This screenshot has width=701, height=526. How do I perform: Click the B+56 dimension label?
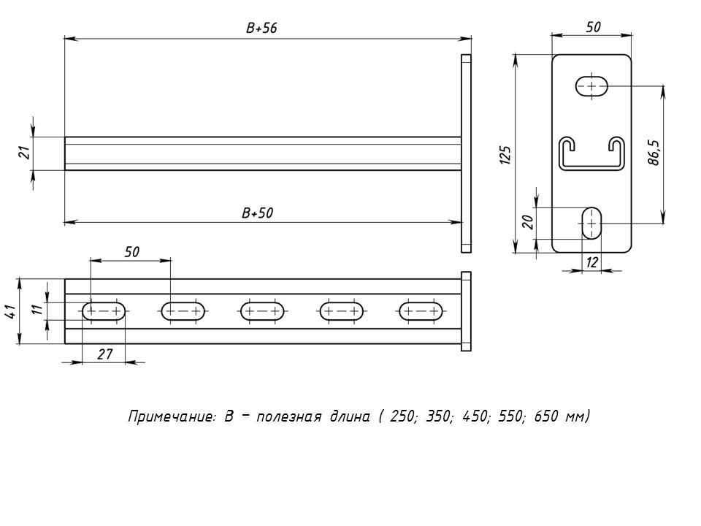point(262,28)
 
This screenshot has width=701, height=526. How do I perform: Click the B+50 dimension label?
point(258,213)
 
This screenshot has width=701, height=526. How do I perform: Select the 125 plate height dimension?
point(505,156)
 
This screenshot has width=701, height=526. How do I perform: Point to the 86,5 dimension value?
point(654,153)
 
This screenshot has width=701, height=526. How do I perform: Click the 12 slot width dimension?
point(591,262)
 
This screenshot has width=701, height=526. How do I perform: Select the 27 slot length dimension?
point(104,354)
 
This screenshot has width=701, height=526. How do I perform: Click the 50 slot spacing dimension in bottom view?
point(131,252)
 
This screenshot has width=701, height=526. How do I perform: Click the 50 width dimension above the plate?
point(593,27)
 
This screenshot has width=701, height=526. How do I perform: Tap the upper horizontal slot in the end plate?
point(592,86)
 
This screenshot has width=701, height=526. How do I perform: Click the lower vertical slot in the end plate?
point(591,221)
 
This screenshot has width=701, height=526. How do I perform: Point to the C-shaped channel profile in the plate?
point(592,153)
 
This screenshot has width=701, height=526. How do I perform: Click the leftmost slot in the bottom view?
point(104,312)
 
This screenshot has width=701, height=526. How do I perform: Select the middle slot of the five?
point(263,312)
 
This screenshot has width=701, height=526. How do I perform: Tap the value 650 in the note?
point(548,417)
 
